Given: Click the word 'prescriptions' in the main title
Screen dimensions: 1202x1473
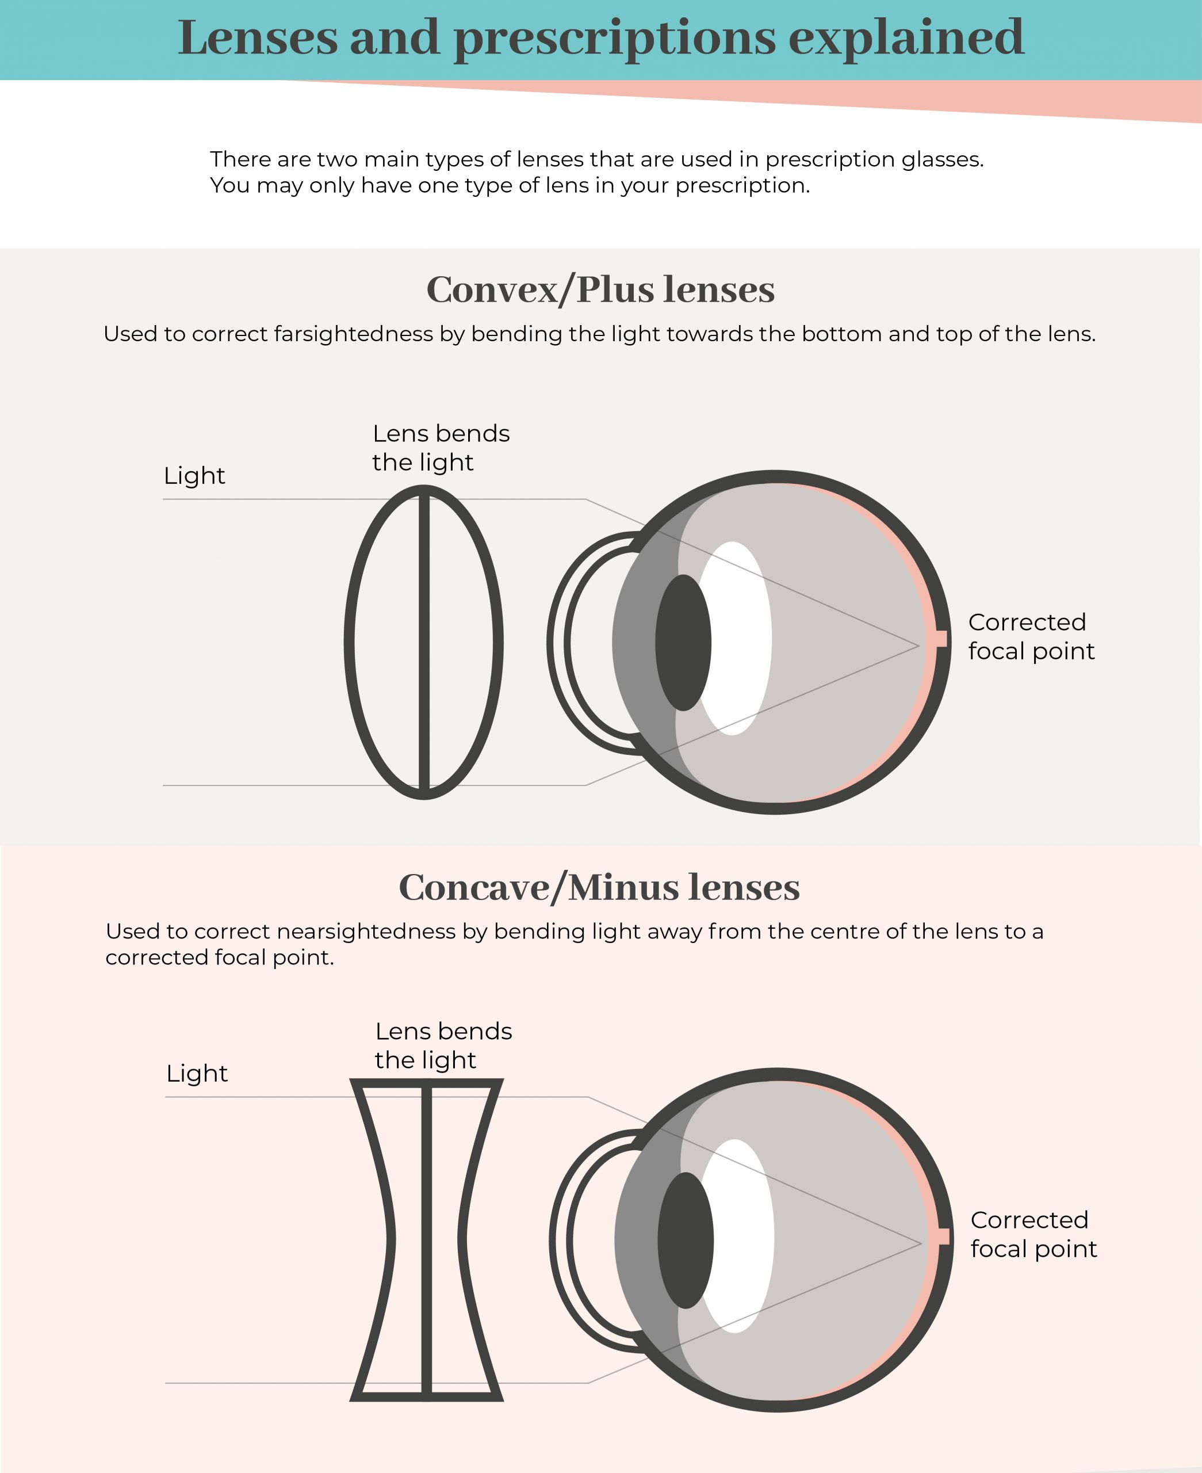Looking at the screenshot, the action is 615,39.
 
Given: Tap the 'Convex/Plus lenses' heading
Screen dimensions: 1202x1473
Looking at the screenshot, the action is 600,289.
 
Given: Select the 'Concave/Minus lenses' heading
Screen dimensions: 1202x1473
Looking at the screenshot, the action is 600,887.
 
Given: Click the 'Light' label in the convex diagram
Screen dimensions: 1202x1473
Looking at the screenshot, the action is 194,476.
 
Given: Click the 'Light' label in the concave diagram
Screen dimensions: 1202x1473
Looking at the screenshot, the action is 197,1074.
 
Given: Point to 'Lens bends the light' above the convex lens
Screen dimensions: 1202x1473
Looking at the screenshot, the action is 441,448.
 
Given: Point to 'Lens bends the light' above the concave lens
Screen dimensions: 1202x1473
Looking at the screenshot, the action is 444,1045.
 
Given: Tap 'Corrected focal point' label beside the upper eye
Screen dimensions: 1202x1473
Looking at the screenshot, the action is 1031,636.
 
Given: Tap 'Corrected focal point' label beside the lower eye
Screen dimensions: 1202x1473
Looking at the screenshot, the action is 1033,1234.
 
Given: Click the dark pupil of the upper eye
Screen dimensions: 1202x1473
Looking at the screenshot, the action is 683,643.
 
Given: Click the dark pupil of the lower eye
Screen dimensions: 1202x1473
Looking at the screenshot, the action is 686,1241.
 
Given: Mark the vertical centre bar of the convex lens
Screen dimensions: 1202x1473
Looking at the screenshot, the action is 424,642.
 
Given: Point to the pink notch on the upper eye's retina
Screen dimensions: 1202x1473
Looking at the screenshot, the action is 941,639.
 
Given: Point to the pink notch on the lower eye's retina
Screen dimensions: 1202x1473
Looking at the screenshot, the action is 943,1236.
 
